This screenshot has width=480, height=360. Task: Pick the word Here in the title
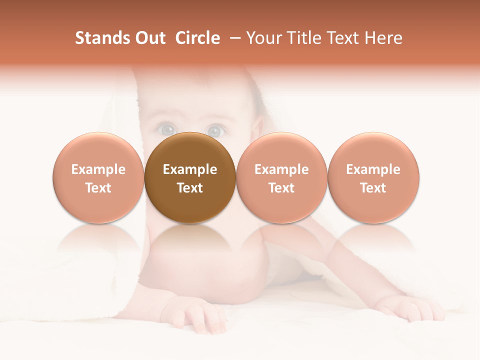click(x=383, y=38)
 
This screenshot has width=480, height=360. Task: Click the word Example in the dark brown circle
click(x=190, y=169)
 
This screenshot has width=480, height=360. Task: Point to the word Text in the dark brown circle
click(x=190, y=188)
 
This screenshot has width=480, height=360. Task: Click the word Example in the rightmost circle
click(x=373, y=169)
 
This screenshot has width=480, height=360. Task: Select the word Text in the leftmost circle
click(x=98, y=188)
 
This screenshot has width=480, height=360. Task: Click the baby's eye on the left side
click(x=165, y=130)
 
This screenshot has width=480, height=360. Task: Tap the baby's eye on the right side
click(x=214, y=130)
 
